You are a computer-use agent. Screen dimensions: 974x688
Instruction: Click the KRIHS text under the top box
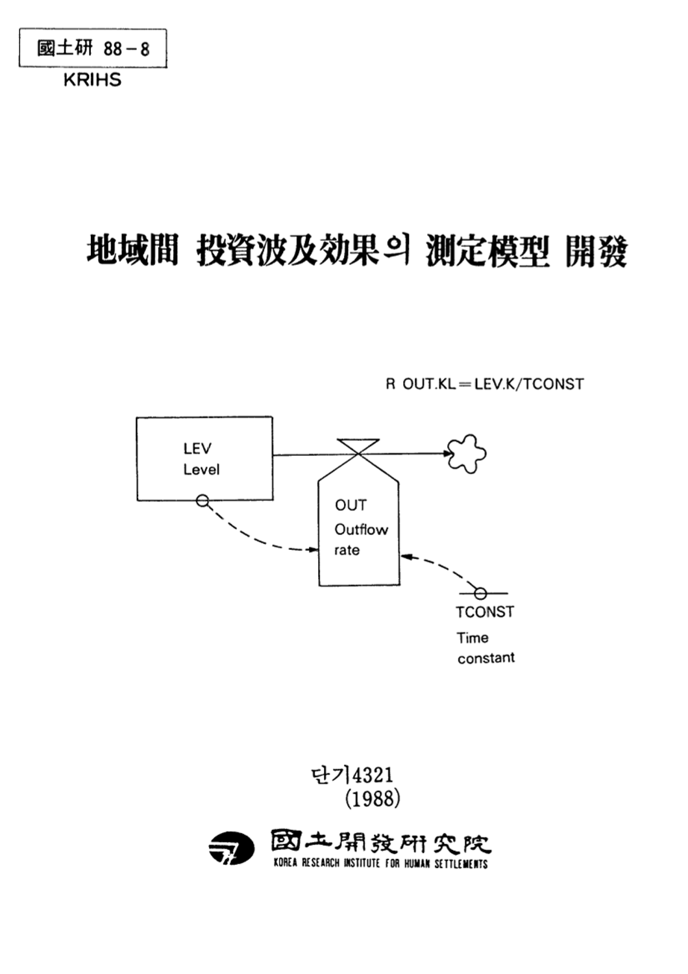(x=92, y=80)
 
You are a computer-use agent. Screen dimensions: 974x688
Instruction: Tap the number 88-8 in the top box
(x=126, y=49)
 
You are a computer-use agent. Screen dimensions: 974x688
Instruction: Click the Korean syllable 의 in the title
(x=396, y=250)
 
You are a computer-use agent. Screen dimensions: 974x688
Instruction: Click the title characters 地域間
(x=132, y=251)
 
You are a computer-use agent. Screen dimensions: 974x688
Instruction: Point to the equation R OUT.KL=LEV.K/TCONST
(x=484, y=384)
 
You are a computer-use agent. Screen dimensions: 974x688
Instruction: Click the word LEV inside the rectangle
(x=197, y=449)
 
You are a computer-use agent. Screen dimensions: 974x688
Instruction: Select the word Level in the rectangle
(x=201, y=469)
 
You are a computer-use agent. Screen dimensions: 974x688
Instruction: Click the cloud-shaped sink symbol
(x=467, y=453)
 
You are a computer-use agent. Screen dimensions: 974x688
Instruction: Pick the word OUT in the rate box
(x=350, y=505)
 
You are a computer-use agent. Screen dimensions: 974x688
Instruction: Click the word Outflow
(x=361, y=529)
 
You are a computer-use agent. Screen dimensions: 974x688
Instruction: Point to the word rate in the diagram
(x=347, y=550)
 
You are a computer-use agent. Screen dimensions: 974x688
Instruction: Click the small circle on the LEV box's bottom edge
(x=203, y=501)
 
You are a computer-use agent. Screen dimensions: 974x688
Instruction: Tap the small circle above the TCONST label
(x=480, y=593)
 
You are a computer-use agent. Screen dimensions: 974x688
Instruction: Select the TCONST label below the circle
(x=484, y=612)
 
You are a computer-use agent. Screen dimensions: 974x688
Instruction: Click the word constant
(x=485, y=658)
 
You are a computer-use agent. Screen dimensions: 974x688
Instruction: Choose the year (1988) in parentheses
(x=372, y=798)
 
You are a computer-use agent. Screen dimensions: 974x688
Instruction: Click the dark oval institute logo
(x=231, y=848)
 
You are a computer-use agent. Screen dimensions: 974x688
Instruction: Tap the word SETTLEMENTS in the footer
(x=461, y=864)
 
